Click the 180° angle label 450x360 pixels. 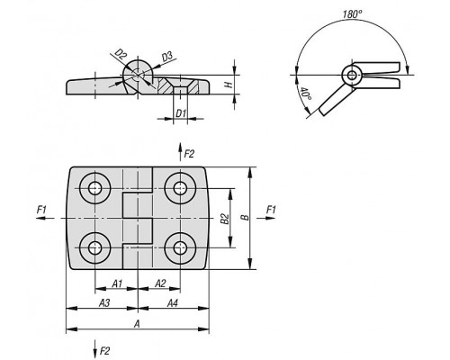[x=353, y=14]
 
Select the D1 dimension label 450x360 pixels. [x=181, y=113]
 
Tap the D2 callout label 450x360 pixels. [x=121, y=55]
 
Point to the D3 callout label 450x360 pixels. [x=166, y=57]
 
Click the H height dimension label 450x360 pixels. [x=229, y=85]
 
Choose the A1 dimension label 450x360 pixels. [x=117, y=283]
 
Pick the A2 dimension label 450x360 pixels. [x=160, y=283]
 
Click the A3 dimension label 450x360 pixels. [x=104, y=303]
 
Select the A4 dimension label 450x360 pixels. [x=172, y=303]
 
